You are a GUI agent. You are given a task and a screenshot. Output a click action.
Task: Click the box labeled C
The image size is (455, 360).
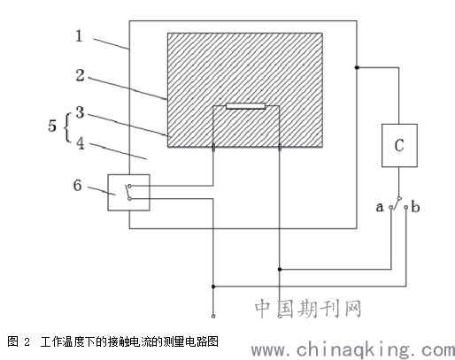click(399, 145)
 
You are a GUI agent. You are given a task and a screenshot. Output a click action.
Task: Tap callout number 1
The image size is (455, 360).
click(79, 36)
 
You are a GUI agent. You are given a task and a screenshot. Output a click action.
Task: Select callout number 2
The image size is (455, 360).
click(80, 75)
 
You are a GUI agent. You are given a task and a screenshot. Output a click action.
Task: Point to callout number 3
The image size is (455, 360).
click(80, 112)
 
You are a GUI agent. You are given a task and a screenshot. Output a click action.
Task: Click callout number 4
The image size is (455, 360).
click(80, 143)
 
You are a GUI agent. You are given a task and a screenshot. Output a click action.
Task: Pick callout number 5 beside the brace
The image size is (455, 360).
click(52, 126)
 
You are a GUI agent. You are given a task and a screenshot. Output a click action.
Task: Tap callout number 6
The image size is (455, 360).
click(77, 185)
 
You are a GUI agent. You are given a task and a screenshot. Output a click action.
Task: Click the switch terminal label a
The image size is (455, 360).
click(380, 207)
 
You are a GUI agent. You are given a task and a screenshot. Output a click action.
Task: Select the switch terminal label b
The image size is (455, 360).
click(415, 207)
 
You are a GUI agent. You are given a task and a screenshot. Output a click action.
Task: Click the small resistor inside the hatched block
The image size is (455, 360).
click(246, 106)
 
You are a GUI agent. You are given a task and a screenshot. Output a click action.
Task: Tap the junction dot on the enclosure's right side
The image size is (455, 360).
click(357, 67)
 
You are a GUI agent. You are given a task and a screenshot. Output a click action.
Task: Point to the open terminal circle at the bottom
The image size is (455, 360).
click(213, 317)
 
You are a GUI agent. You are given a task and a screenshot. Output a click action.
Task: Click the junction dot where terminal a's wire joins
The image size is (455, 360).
click(280, 269)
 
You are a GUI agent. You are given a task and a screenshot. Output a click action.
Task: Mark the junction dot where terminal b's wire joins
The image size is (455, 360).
click(213, 287)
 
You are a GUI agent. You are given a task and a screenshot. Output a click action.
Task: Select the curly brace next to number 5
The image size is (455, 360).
click(67, 127)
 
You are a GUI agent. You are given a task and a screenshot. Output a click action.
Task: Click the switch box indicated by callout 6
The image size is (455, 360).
click(128, 192)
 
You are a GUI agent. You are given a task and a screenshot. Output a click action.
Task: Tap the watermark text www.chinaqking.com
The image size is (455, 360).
click(353, 349)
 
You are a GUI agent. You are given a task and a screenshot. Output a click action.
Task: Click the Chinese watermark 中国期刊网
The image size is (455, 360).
click(308, 309)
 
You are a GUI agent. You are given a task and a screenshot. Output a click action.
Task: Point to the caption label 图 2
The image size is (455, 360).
click(19, 341)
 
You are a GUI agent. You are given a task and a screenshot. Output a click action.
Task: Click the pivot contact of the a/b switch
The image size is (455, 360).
click(399, 198)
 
